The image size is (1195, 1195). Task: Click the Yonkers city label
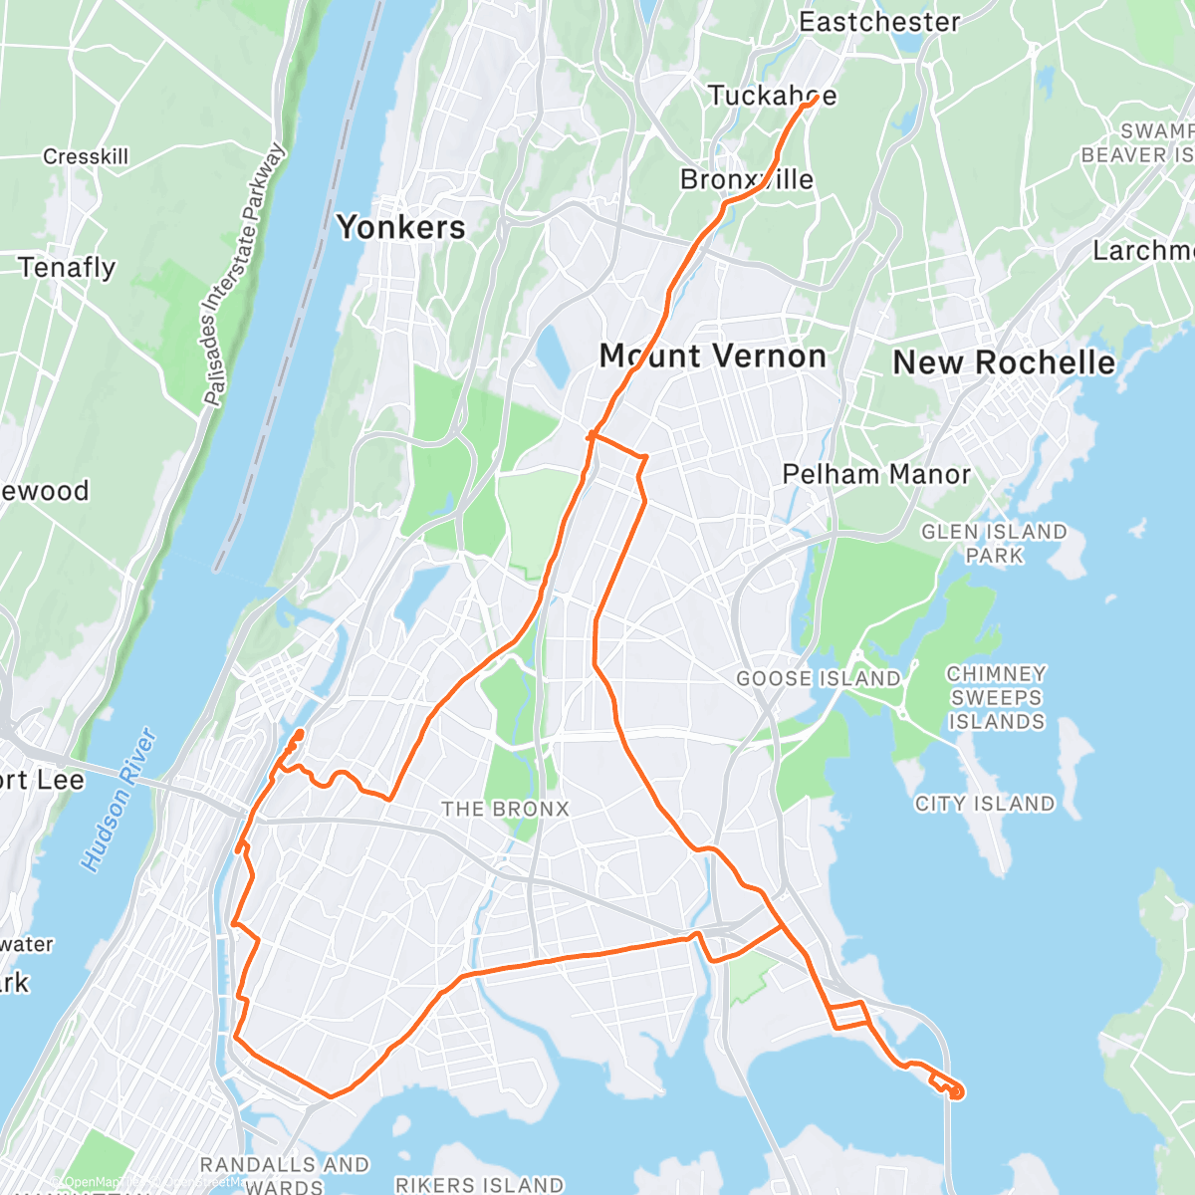tap(401, 227)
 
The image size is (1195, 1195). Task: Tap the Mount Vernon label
tap(713, 357)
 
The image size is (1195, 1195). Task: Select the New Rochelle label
tap(1004, 362)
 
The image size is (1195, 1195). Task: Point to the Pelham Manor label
tap(876, 474)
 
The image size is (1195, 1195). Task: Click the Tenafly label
tap(67, 268)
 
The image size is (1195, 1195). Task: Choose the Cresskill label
tap(86, 156)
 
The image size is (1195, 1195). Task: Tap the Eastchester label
tap(879, 22)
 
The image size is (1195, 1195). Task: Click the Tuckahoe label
tap(772, 96)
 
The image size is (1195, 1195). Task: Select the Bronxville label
tap(747, 179)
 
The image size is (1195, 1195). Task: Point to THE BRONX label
tap(505, 809)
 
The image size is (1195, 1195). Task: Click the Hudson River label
tap(121, 801)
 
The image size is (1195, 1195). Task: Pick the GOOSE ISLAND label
tap(819, 679)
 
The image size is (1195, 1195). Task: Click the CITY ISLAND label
tap(985, 804)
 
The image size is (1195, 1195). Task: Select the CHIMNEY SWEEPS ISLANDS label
tap(996, 697)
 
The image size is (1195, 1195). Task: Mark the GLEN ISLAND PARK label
tap(994, 544)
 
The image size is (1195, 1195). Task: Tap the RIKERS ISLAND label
tap(480, 1185)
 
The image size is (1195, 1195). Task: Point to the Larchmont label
tap(1143, 251)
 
